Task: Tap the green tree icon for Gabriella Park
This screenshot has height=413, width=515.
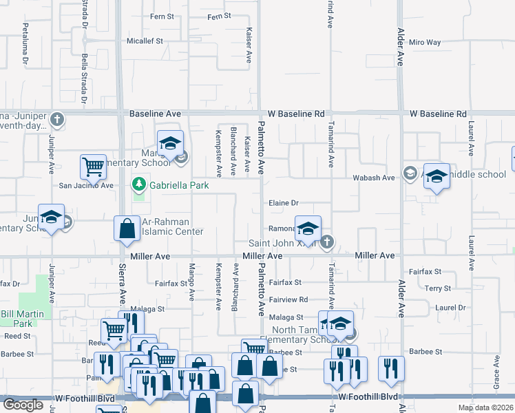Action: click(138, 184)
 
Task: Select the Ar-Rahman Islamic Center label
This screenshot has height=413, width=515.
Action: click(172, 226)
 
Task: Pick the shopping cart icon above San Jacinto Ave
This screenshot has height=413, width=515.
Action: click(93, 166)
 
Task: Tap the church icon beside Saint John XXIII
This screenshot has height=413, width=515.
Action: click(327, 242)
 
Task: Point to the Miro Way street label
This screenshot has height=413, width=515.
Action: click(424, 42)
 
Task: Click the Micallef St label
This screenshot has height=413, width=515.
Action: click(144, 41)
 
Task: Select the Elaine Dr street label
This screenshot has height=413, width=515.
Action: click(283, 203)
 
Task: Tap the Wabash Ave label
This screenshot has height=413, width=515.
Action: click(379, 178)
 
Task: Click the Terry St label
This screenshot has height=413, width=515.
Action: click(437, 288)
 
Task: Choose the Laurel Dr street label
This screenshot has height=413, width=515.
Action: click(451, 307)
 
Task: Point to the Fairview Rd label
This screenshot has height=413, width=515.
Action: click(288, 299)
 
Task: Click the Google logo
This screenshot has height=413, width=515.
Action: click(23, 405)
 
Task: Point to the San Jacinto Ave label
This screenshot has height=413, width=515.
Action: click(85, 185)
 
